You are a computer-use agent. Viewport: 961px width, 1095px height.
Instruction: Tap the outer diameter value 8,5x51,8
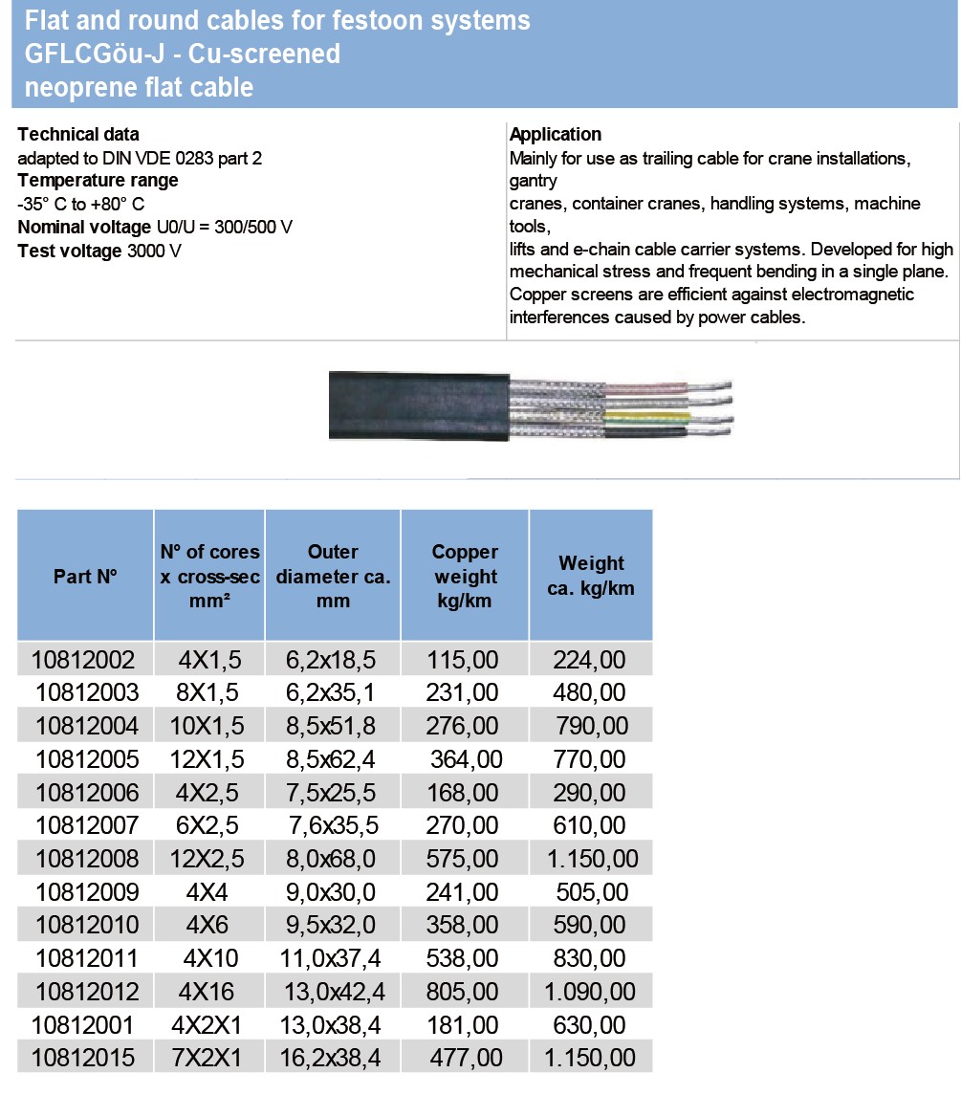coord(332,726)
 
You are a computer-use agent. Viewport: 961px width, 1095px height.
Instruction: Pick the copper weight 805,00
coord(463,991)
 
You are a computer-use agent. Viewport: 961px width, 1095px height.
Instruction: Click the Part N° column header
coord(85,577)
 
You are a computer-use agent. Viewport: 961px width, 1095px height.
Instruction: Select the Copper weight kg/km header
coord(466,577)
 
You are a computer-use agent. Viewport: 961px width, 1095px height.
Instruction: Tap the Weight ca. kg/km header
coord(591,576)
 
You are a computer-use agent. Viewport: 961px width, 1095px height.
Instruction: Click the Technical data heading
coord(78,135)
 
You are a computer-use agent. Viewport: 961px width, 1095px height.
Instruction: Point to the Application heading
coord(556,135)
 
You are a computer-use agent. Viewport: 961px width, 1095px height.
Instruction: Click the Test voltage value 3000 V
coord(154,251)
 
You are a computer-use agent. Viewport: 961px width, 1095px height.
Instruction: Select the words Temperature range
coord(98,181)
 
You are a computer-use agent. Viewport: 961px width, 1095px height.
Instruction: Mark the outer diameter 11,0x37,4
coord(332,957)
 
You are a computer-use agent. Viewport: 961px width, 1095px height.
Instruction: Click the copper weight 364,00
coord(467,759)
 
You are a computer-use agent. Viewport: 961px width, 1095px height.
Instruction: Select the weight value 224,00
coord(591,659)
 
